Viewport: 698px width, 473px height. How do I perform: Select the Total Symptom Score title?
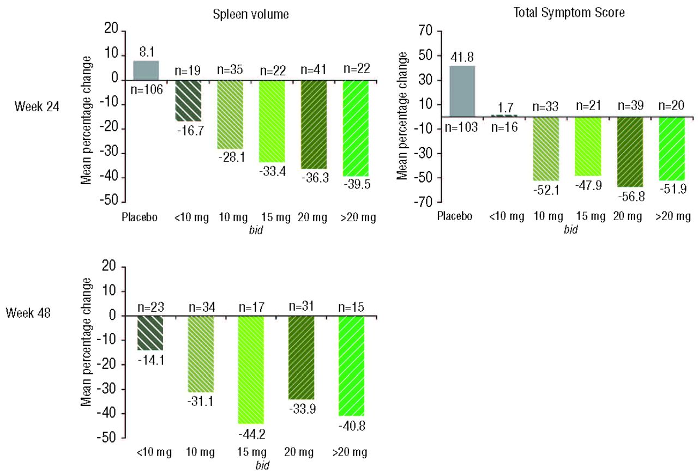(x=570, y=13)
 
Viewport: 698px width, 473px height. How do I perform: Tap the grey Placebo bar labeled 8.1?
(x=146, y=70)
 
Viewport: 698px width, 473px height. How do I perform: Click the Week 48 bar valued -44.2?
(x=251, y=369)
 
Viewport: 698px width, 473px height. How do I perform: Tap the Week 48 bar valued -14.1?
(x=150, y=333)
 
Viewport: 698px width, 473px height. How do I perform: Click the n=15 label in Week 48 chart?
(x=352, y=307)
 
